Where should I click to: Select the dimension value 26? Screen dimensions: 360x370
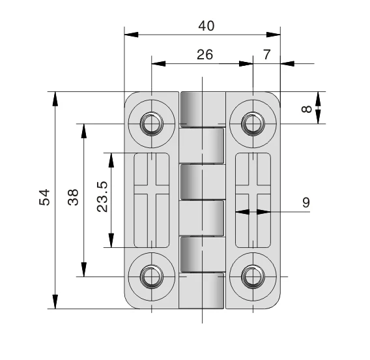coord(205,55)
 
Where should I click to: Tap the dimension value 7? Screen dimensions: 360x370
coord(267,55)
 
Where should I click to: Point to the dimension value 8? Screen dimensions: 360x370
coord(306,108)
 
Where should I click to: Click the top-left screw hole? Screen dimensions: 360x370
coord(152,123)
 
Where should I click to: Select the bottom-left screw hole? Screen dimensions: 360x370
coord(152,277)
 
